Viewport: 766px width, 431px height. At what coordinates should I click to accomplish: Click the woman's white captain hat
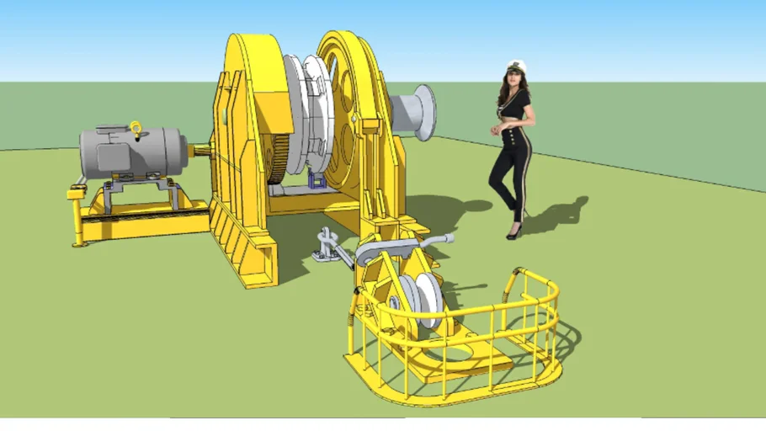(x=514, y=66)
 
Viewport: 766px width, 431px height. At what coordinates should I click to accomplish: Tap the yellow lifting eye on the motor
(x=136, y=128)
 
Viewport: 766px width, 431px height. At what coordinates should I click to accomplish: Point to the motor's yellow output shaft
(x=201, y=152)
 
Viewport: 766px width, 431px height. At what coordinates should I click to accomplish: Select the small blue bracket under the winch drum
(x=317, y=179)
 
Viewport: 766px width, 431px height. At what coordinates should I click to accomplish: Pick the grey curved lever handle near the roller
(x=396, y=247)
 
